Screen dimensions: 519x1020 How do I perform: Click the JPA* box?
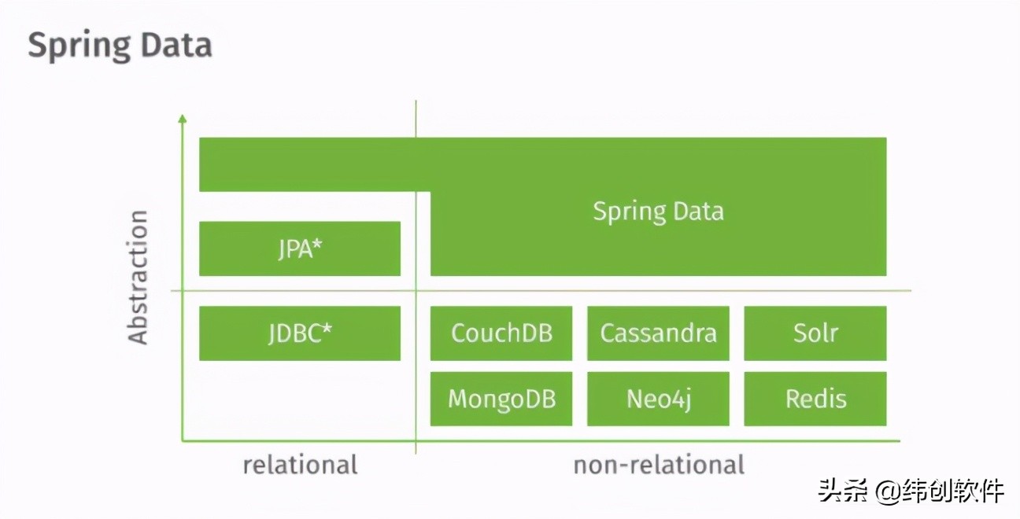coord(299,248)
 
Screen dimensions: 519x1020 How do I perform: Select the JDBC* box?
coord(299,333)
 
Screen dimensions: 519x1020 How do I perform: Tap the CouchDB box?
coord(501,333)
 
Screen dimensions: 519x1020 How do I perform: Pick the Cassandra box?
coord(658,333)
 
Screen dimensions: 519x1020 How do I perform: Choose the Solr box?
coord(815,333)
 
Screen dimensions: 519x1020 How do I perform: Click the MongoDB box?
coord(501,399)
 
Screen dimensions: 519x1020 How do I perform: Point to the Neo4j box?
coord(658,399)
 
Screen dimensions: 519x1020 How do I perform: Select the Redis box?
coord(815,399)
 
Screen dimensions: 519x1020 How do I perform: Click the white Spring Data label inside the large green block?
coord(658,211)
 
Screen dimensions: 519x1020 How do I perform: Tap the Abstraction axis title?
coord(139,277)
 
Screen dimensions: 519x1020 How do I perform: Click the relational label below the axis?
coord(300,465)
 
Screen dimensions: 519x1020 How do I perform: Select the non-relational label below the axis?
coord(658,465)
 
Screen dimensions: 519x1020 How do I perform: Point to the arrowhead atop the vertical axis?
coord(183,118)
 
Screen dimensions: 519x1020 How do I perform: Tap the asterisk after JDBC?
coord(327,329)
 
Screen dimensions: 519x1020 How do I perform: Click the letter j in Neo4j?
coord(686,400)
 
